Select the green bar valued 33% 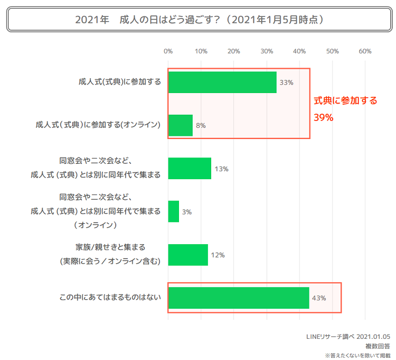(x=222, y=82)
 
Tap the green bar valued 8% (x=180, y=125)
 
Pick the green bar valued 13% (x=190, y=169)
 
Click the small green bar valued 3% (x=174, y=211)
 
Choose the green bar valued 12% (x=188, y=255)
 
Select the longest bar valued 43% (x=238, y=298)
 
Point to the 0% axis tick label (x=168, y=51)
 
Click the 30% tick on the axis (x=267, y=51)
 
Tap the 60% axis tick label (x=365, y=51)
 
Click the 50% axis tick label (x=332, y=51)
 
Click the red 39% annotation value (x=324, y=117)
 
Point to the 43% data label (x=319, y=298)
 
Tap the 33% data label (x=286, y=83)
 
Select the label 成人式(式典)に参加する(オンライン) (x=98, y=125)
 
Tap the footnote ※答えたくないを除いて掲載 (x=357, y=355)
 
